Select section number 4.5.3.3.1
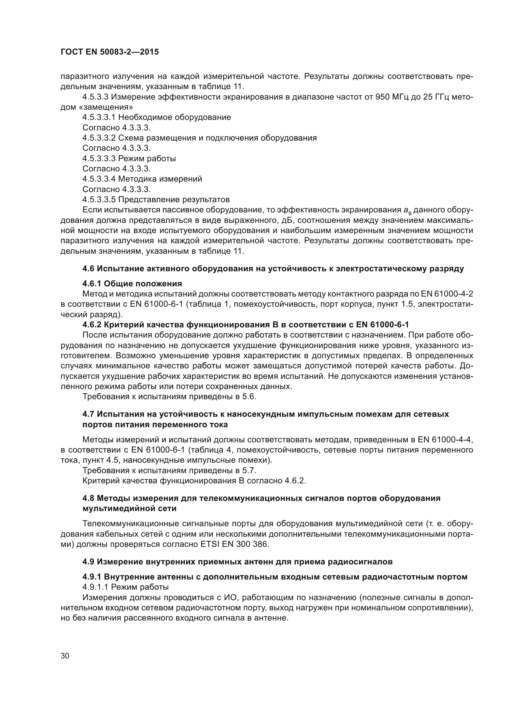(x=99, y=117)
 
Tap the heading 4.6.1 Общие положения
(x=132, y=284)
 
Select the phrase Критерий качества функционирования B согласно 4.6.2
(x=194, y=481)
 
